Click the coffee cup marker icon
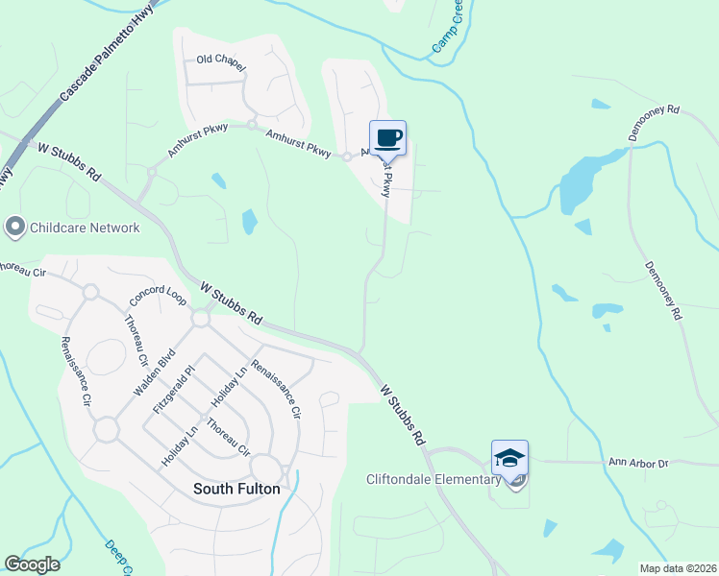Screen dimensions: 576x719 coord(387,137)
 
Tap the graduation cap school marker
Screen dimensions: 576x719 coord(509,458)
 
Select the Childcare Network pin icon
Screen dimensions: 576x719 coord(14,228)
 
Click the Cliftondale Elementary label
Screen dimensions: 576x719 coord(434,479)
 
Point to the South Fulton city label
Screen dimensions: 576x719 coord(236,489)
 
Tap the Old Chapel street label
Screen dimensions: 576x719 coord(221,60)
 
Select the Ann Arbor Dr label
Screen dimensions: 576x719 coord(637,464)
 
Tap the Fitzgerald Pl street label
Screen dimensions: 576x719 coord(174,389)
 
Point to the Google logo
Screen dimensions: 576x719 coord(32,564)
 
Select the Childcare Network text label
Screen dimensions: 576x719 coord(85,228)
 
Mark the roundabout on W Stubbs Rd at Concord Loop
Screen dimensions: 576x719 coord(201,319)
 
